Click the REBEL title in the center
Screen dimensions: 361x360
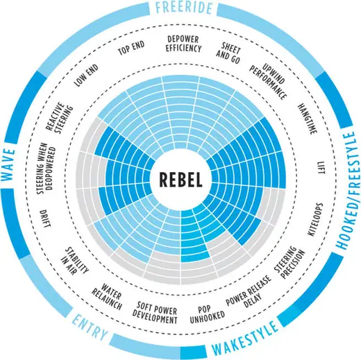point(180,180)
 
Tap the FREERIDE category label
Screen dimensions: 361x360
point(184,7)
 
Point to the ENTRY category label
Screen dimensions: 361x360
point(90,327)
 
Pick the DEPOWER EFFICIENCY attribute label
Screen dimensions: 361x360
point(183,44)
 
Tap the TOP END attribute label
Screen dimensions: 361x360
point(131,48)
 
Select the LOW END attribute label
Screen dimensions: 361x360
point(86,76)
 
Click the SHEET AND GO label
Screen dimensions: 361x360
point(228,53)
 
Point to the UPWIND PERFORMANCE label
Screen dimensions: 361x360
point(268,81)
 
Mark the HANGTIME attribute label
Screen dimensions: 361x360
point(307,119)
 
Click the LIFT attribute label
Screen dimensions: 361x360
point(321,168)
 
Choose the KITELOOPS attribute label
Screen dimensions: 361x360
point(315,219)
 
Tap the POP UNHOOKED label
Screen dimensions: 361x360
point(207,315)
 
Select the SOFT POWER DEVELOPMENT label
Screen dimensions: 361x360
point(155,312)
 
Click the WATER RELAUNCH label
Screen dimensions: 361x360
point(107,296)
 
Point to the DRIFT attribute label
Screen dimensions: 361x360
point(45,218)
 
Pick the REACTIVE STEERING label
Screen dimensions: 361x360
point(59,118)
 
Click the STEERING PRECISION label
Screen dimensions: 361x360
point(289,262)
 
